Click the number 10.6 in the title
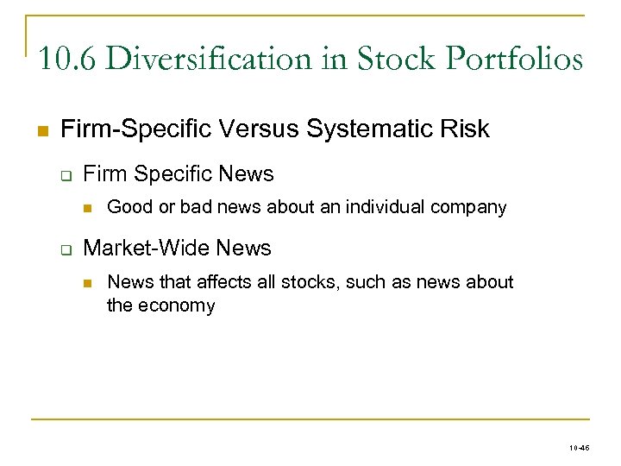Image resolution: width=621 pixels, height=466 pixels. click(x=67, y=60)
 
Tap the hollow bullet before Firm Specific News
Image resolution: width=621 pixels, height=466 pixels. click(x=65, y=175)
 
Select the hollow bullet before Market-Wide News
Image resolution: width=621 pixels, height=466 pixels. click(x=65, y=249)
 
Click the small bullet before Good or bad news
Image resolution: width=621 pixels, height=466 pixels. click(x=88, y=208)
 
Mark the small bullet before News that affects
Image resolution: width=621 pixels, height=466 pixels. click(x=88, y=282)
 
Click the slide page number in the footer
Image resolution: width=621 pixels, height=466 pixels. click(x=580, y=449)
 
